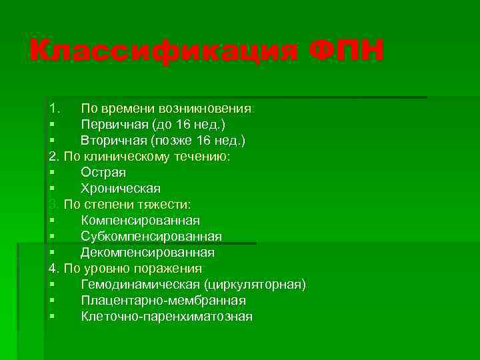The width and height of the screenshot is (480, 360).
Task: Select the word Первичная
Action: click(x=114, y=124)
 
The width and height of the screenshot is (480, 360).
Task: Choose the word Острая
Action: click(x=103, y=172)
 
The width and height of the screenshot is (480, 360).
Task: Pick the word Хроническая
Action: click(x=121, y=188)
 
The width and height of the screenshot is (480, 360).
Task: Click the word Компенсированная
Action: click(x=140, y=220)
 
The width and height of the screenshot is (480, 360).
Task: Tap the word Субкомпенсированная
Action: click(x=151, y=237)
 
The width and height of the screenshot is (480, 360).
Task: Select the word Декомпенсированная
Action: click(x=147, y=253)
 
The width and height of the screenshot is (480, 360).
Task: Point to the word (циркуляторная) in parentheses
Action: click(x=255, y=285)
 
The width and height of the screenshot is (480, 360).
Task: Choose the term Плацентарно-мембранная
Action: click(x=163, y=301)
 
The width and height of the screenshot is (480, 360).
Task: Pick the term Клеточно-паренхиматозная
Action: click(x=167, y=317)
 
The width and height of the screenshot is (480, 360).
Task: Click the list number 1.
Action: click(x=53, y=108)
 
